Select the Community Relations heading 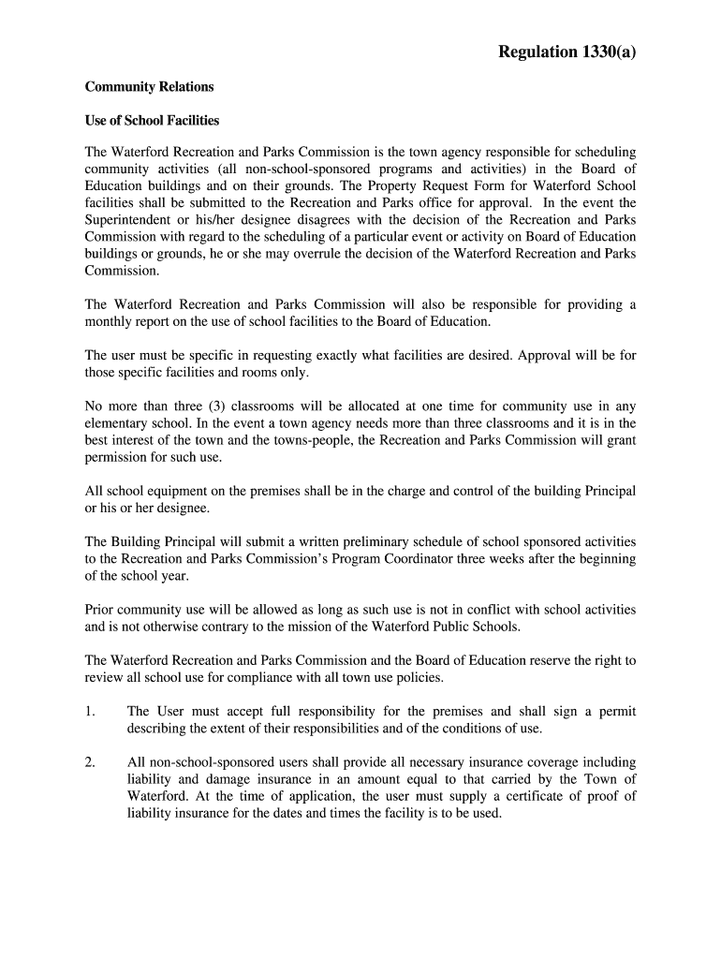click(x=149, y=87)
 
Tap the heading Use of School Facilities click(x=152, y=121)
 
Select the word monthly click(x=109, y=321)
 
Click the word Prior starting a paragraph click(x=100, y=610)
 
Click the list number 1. click(x=90, y=712)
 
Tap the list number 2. click(x=90, y=762)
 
